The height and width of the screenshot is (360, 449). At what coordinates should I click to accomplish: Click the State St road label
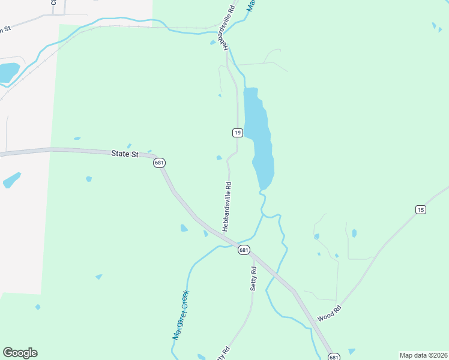[125, 154]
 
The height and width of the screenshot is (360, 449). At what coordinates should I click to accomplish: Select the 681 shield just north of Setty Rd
[243, 250]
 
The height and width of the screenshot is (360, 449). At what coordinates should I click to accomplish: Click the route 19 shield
[238, 133]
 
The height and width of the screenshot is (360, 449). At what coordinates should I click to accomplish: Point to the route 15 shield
[420, 209]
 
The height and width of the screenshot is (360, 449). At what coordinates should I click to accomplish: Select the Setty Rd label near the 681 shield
[253, 278]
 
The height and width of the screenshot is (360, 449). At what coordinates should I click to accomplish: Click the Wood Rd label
[329, 313]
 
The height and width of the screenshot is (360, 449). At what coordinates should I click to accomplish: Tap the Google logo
[20, 353]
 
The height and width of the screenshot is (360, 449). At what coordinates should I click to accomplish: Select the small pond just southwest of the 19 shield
[219, 158]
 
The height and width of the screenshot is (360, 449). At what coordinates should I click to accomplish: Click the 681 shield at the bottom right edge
[334, 356]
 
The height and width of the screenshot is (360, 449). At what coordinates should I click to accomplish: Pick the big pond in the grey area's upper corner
[8, 72]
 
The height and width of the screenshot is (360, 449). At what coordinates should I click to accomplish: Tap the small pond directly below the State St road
[89, 179]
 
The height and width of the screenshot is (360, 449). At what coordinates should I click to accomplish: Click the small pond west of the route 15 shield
[354, 233]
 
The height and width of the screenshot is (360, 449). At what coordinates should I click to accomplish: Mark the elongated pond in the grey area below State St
[11, 180]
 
